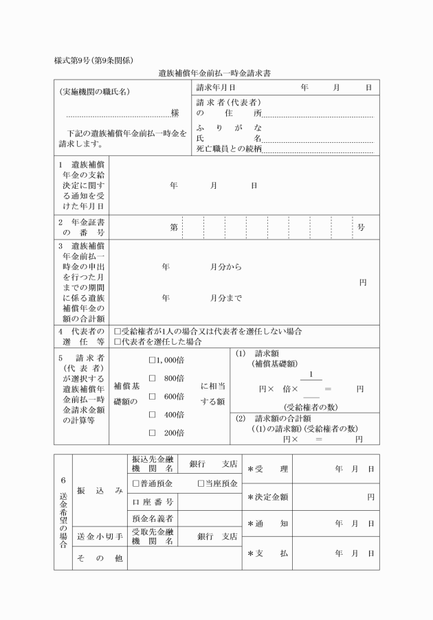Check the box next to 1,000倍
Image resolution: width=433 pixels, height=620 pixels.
coord(153,359)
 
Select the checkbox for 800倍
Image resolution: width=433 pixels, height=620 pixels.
coord(153,378)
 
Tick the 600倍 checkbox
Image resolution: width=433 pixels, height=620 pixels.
coord(153,396)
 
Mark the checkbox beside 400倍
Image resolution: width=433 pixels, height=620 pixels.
coord(153,415)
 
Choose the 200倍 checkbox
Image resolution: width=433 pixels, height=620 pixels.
coord(153,433)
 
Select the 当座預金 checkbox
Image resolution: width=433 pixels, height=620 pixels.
coord(201,483)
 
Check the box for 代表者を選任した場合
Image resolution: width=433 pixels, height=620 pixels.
coord(118,341)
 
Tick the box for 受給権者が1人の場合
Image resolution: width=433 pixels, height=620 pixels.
coord(118,331)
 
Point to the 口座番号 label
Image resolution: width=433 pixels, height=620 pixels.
coord(152,501)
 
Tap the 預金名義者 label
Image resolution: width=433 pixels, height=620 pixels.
coord(152,518)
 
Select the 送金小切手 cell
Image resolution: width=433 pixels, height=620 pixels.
coord(100,536)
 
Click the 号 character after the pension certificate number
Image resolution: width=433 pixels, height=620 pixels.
coord(362,227)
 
